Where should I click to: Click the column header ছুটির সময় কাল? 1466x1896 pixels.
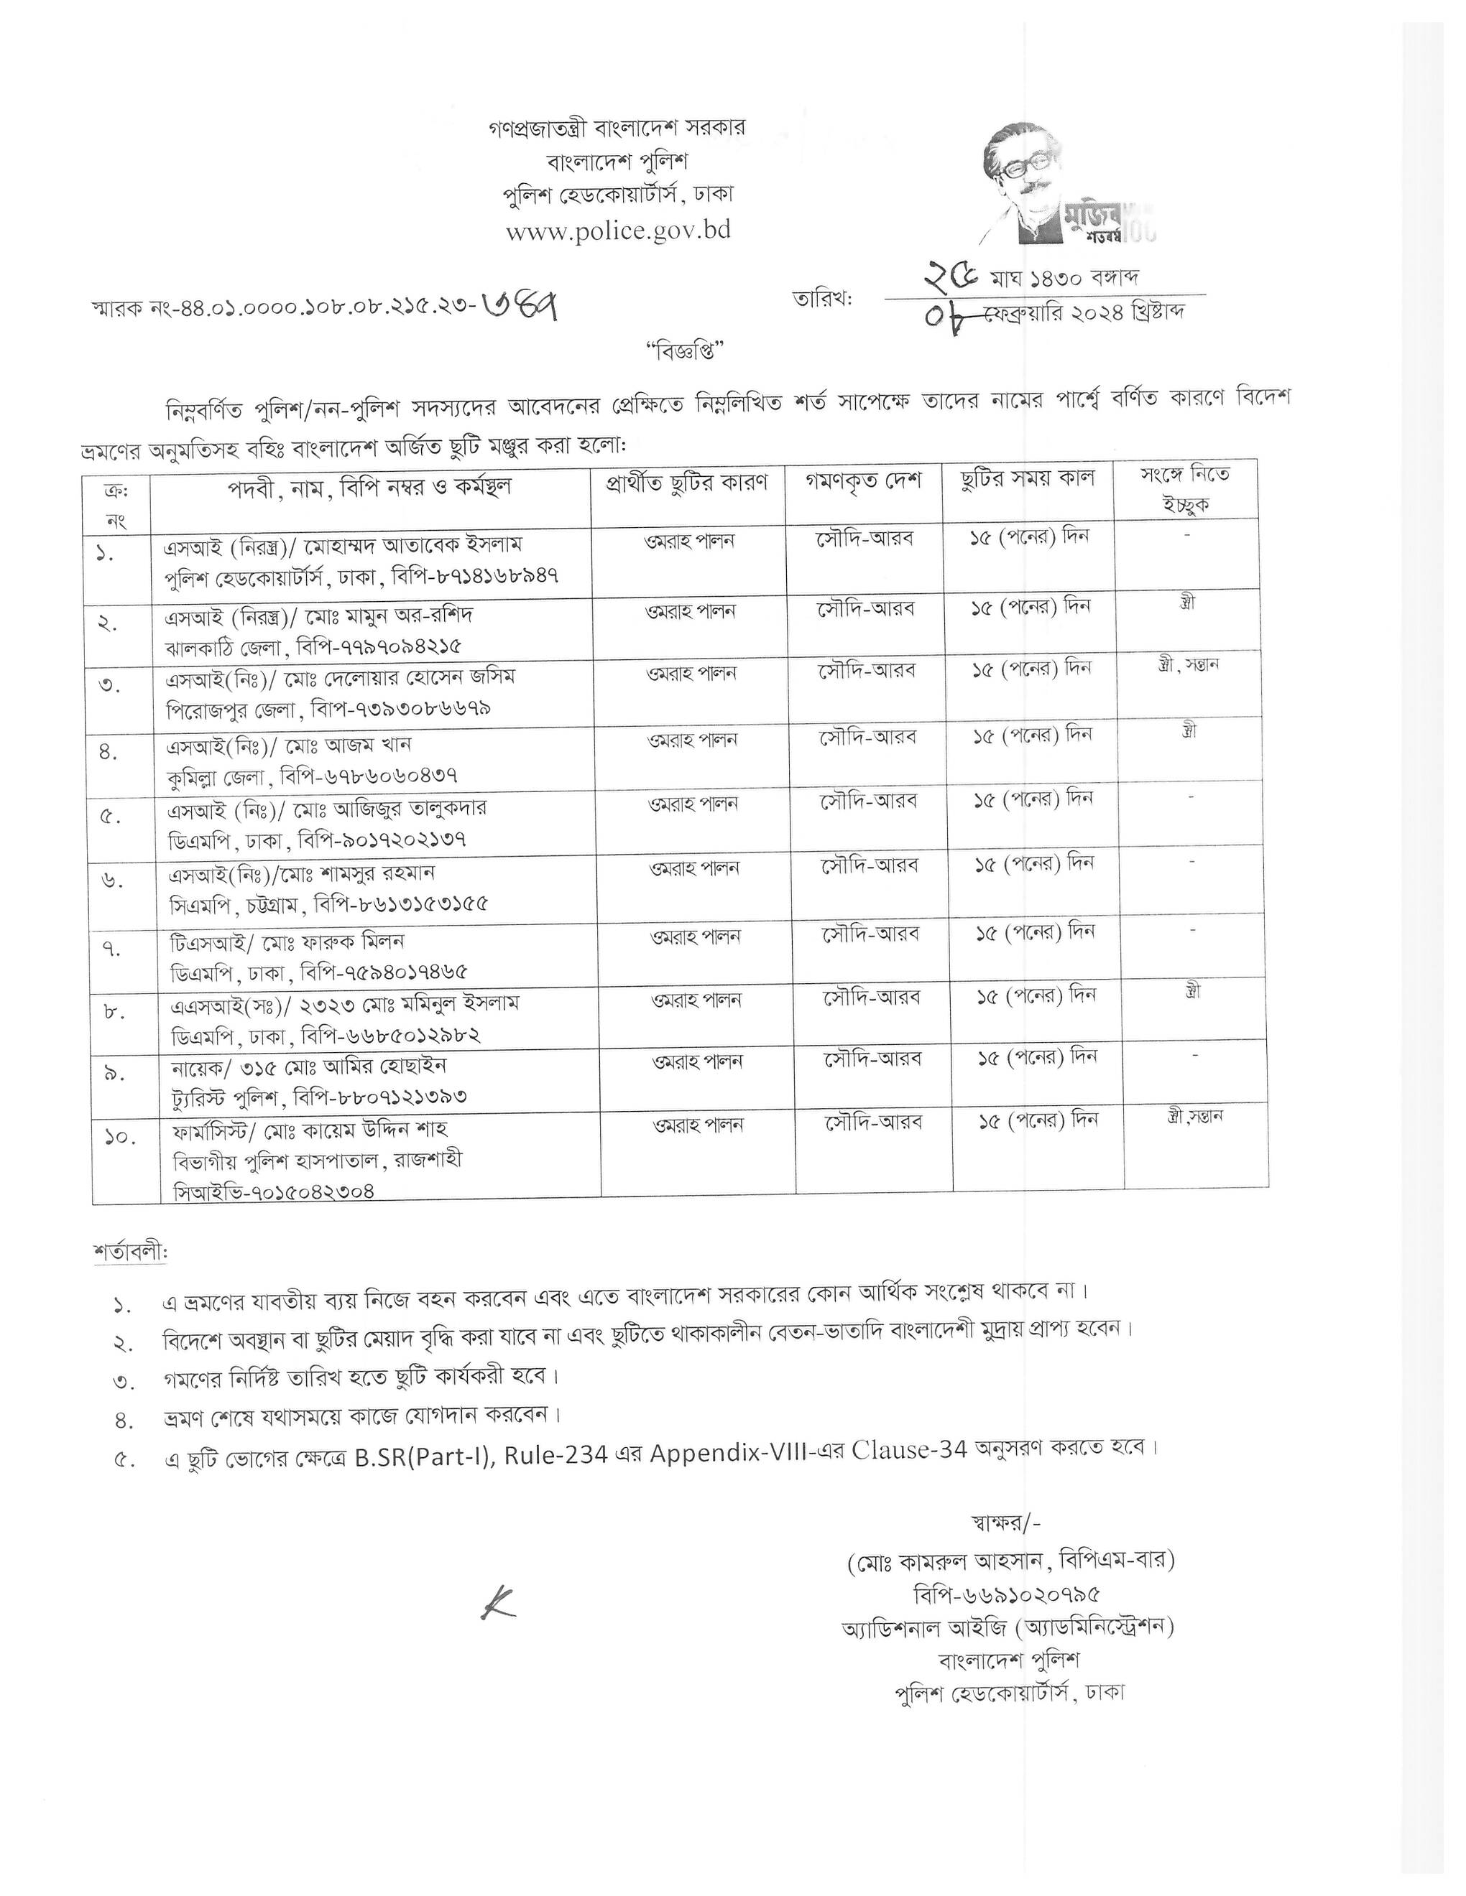click(x=1028, y=478)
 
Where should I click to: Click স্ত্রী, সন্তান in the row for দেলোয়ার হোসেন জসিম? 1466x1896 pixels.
click(x=1188, y=665)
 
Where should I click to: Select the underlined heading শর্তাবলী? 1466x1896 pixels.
click(x=130, y=1253)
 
